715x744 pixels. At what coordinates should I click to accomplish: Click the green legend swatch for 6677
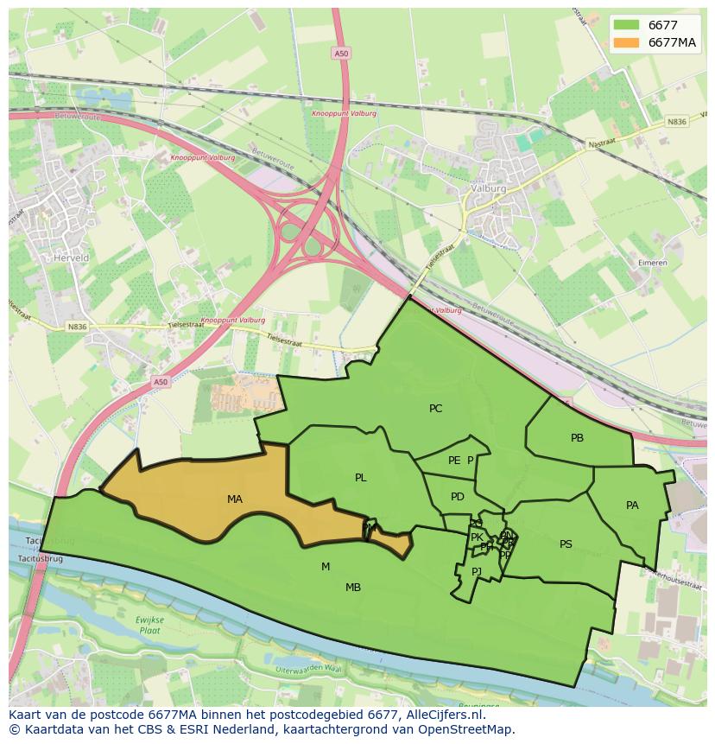[627, 26]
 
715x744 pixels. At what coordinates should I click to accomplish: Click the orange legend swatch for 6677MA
[627, 42]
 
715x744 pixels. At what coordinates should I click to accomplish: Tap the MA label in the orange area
[235, 499]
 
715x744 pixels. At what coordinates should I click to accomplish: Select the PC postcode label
[436, 409]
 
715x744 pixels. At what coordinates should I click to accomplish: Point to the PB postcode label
[577, 438]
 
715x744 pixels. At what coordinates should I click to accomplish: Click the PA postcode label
[632, 506]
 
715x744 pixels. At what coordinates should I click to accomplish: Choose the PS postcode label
[566, 544]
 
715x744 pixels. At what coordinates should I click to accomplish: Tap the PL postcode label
[361, 478]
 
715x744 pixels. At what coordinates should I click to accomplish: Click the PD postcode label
[458, 497]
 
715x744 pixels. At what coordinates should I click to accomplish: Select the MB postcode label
[353, 588]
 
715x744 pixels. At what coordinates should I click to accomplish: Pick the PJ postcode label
[477, 571]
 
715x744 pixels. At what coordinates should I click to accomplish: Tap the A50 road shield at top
[341, 54]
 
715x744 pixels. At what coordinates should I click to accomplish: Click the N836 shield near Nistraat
[677, 122]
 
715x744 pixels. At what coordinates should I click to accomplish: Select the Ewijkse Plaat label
[149, 626]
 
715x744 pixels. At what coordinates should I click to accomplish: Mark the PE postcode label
[454, 461]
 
